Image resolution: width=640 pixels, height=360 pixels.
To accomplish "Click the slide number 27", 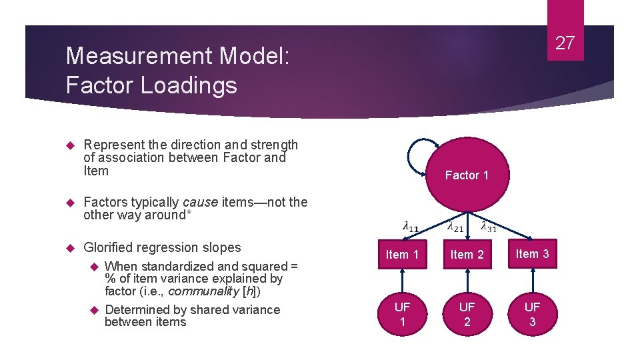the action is (565, 43).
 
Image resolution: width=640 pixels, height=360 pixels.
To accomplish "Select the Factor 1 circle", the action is (467, 175).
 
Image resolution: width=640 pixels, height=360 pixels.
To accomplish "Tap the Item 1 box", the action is (402, 254).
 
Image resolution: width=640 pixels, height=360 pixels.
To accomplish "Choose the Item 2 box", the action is (467, 254).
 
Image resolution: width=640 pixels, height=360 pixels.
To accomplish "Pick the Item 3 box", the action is (532, 253).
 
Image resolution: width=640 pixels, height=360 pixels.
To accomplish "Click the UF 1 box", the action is (402, 314).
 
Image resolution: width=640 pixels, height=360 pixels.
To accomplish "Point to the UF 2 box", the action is (467, 314).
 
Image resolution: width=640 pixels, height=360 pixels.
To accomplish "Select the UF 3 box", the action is (532, 314).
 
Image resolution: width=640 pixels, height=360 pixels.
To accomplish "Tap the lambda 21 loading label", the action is (455, 226).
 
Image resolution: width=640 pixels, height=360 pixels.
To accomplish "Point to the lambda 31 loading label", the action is (488, 226).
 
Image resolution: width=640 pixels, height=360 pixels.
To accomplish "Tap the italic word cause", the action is (199, 202).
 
